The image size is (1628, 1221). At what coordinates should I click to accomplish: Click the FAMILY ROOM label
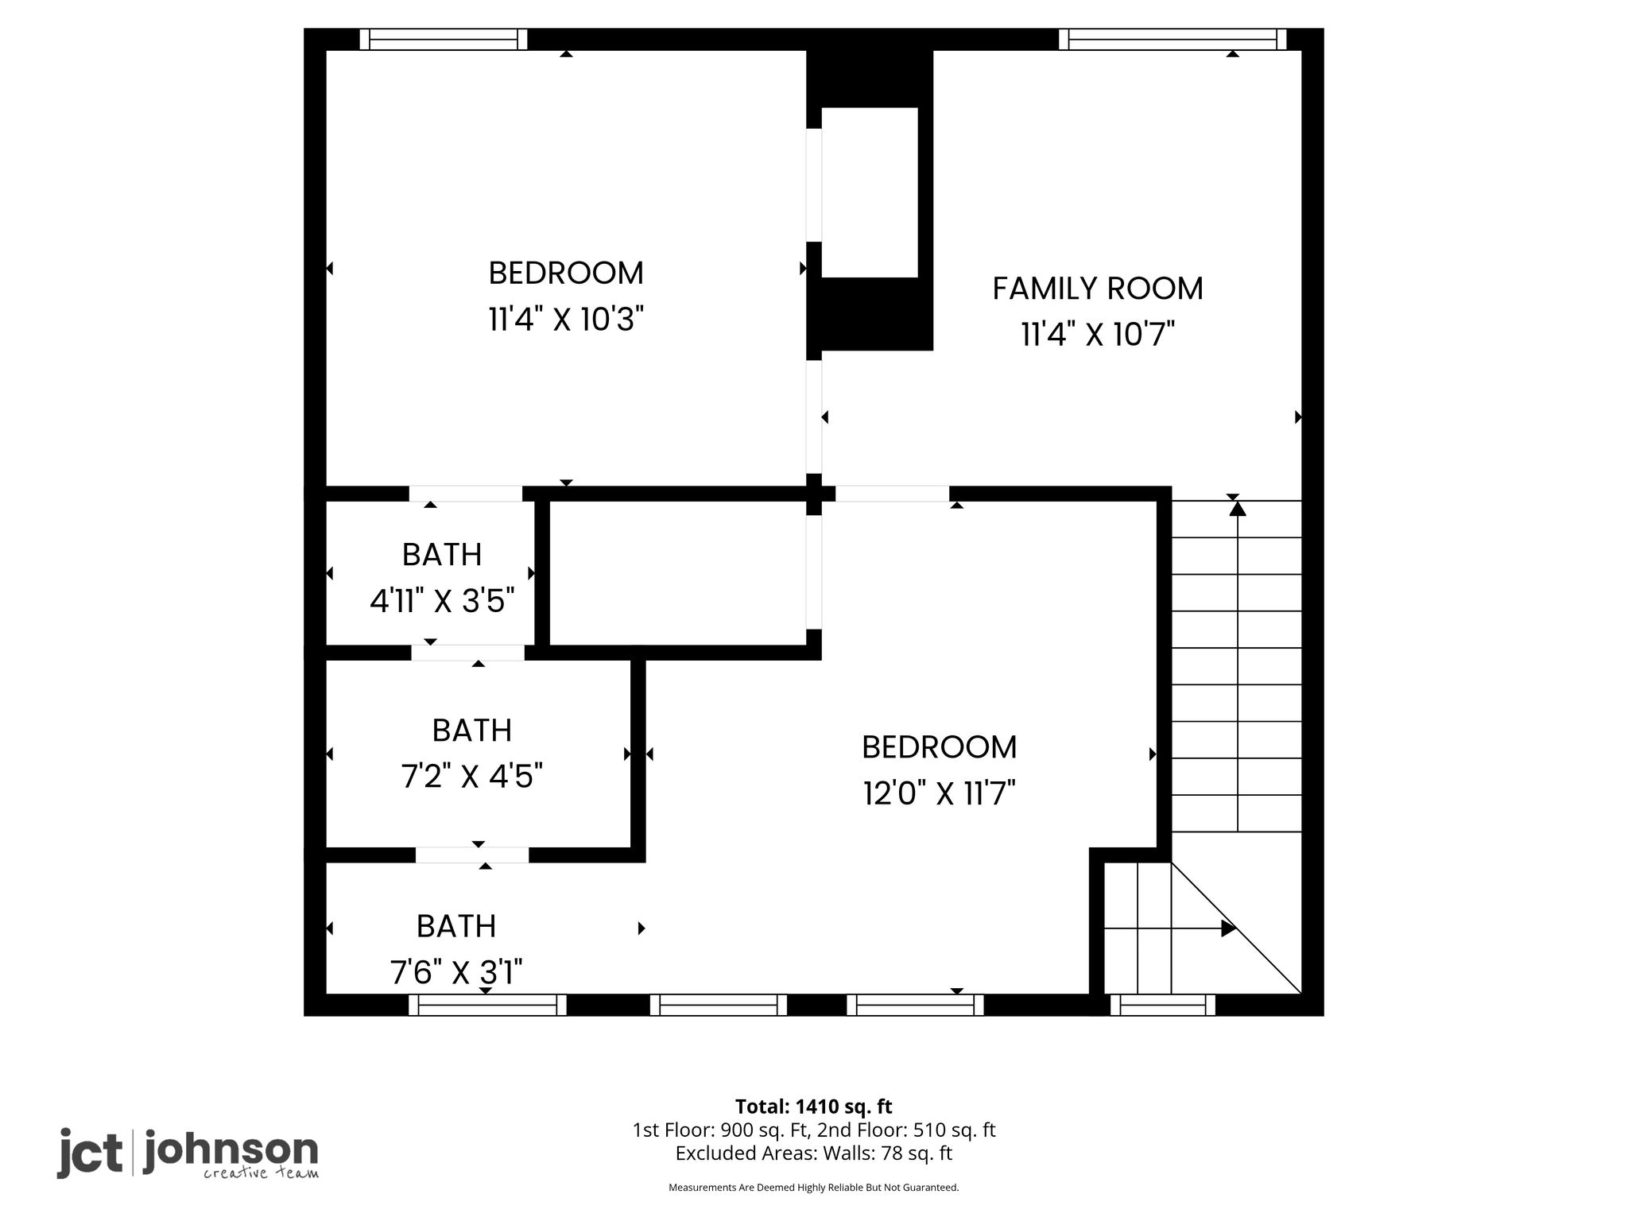[x=1098, y=289]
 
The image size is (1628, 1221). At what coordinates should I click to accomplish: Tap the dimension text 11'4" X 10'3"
[x=565, y=320]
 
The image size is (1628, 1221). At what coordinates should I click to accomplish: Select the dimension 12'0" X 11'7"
[x=940, y=793]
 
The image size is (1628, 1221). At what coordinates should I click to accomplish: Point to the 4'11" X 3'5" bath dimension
[x=442, y=601]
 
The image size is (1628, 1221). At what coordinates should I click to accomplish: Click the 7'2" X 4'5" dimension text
[x=472, y=776]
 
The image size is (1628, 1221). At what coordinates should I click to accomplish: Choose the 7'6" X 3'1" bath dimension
[x=456, y=971]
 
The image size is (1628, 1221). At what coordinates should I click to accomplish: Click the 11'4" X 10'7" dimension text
[x=1098, y=335]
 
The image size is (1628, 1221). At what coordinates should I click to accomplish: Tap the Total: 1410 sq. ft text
[x=814, y=1107]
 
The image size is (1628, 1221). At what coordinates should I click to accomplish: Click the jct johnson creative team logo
[x=188, y=1153]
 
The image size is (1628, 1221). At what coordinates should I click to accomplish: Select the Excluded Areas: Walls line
[x=814, y=1153]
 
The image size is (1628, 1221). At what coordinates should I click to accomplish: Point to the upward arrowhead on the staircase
[x=1238, y=507]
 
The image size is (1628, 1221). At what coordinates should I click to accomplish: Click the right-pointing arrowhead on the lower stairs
[x=1229, y=928]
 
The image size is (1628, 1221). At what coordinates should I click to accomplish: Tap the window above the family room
[x=1173, y=39]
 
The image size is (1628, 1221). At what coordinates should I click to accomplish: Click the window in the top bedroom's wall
[x=444, y=39]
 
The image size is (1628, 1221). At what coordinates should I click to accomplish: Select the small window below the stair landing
[x=1163, y=1006]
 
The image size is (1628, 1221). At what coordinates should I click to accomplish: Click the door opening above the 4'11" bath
[x=466, y=494]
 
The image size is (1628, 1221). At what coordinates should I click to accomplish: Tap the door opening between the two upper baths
[x=467, y=653]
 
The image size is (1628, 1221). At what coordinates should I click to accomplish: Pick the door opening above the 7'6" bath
[x=472, y=855]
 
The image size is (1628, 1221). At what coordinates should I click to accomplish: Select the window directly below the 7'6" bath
[x=487, y=1006]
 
